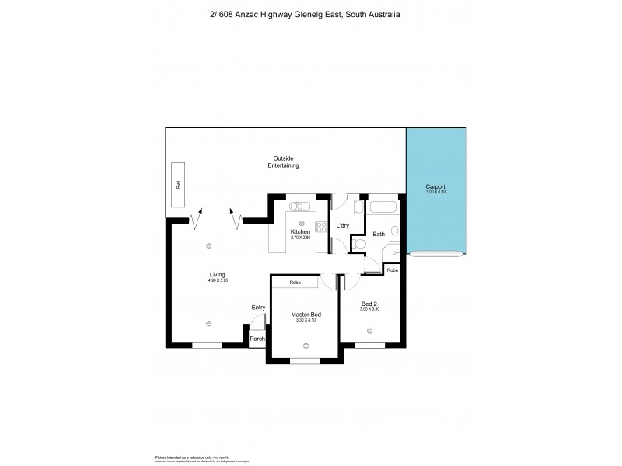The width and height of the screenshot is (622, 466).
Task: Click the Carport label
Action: pyautogui.click(x=435, y=187)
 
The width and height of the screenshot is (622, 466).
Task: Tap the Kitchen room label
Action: pyautogui.click(x=300, y=232)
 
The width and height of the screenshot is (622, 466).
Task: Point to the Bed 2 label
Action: pyautogui.click(x=370, y=303)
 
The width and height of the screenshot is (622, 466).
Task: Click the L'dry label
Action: pyautogui.click(x=342, y=226)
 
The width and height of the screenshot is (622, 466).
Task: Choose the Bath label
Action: pyautogui.click(x=379, y=234)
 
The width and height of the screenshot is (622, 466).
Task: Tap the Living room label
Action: pyautogui.click(x=217, y=274)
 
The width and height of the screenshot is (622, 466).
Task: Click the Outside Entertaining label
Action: pyautogui.click(x=283, y=162)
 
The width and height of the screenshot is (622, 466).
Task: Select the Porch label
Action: pyautogui.click(x=257, y=339)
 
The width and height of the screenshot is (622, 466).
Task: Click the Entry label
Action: pyautogui.click(x=258, y=308)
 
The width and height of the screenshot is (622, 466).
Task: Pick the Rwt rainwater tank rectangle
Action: pyautogui.click(x=178, y=185)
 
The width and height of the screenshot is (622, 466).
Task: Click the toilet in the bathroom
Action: pyautogui.click(x=358, y=245)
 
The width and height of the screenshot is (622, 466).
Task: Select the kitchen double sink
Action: pyautogui.click(x=299, y=207)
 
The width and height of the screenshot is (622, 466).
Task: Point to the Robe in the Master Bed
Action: pyautogui.click(x=295, y=283)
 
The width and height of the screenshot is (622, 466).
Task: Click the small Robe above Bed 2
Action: pyautogui.click(x=393, y=270)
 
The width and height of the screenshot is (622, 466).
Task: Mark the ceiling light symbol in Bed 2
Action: pyautogui.click(x=369, y=330)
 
